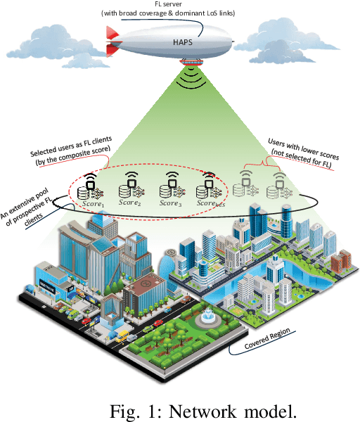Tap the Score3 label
point(169,203)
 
